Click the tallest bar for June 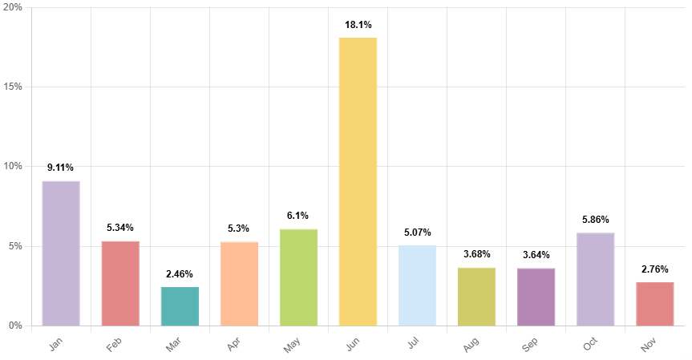358,182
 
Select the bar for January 61,253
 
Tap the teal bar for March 180,306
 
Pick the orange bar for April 239,284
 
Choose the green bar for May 298,277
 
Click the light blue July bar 417,285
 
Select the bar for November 654,304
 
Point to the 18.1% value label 358,25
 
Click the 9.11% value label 61,168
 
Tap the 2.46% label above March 180,273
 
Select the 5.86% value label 595,220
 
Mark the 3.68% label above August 476,254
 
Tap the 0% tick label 14,326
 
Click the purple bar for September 536,297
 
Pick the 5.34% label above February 120,228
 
